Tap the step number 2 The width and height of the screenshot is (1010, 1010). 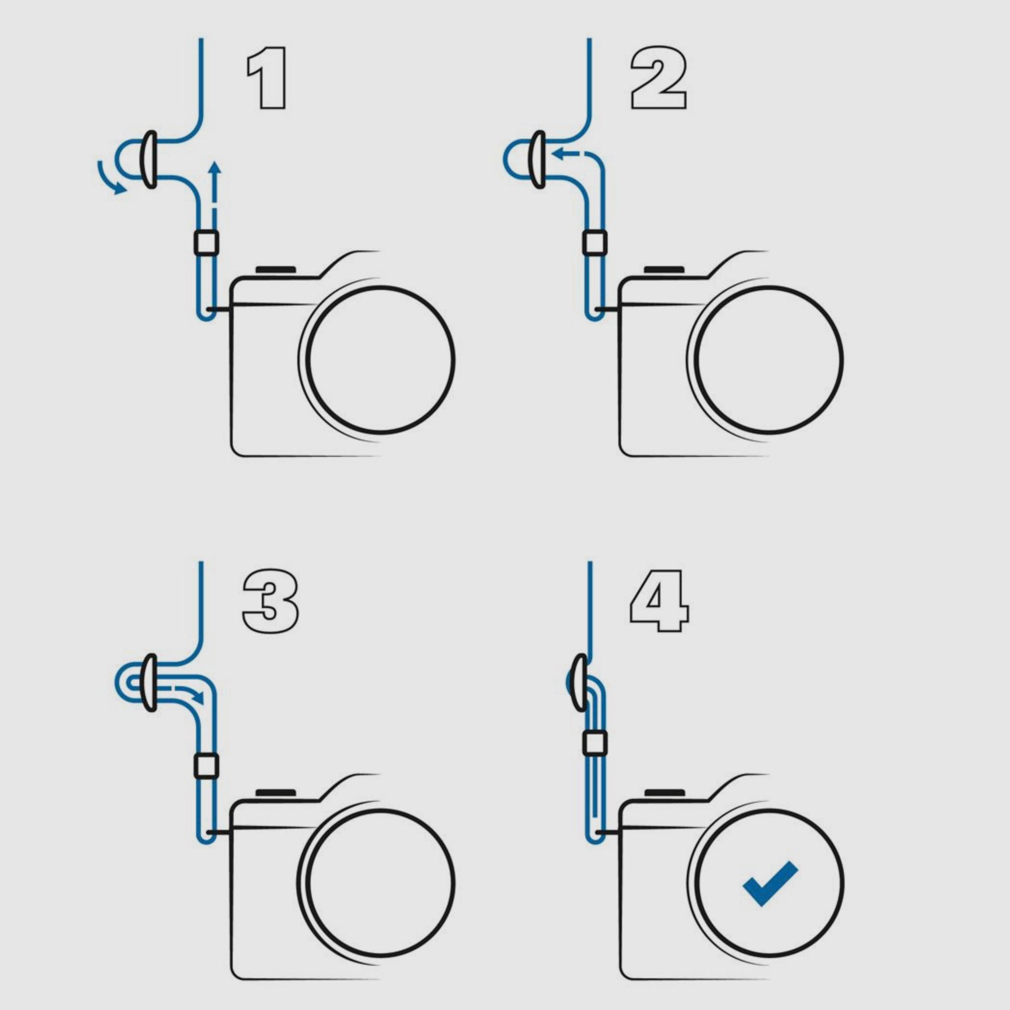coord(659,79)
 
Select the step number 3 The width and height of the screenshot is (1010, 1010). coord(270,602)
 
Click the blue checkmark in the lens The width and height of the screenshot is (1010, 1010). coord(770,883)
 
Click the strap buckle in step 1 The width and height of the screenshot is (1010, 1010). coord(149,159)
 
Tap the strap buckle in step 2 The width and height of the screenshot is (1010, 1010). coord(538,159)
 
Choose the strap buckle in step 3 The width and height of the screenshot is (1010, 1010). coord(149,682)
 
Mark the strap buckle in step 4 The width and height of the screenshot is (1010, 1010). coord(580,682)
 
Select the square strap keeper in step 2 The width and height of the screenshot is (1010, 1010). coord(595,242)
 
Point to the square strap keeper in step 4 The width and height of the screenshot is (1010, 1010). coord(595,744)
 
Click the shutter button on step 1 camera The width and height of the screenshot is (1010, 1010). coord(276,270)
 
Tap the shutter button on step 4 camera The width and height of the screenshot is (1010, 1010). coord(664,793)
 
